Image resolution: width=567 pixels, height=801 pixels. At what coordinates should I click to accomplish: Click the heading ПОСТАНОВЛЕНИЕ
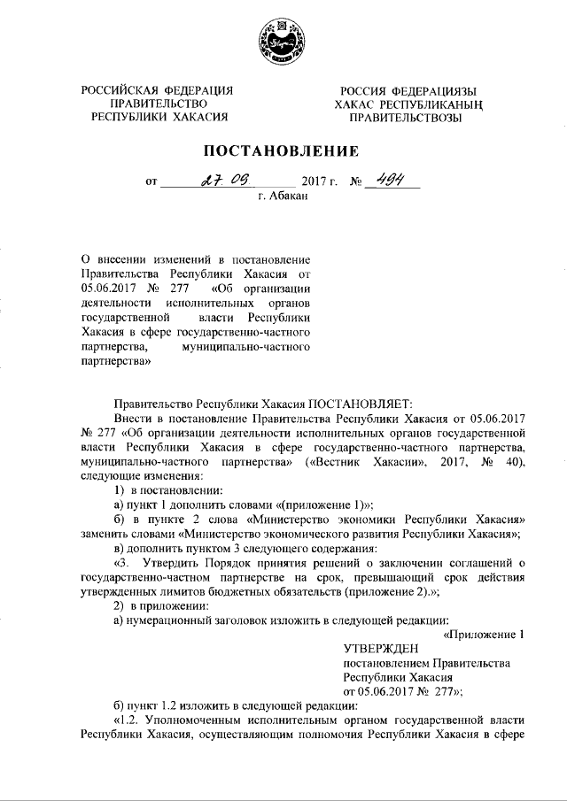click(x=283, y=150)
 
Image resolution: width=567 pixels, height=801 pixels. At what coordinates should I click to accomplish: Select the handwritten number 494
click(x=392, y=180)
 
